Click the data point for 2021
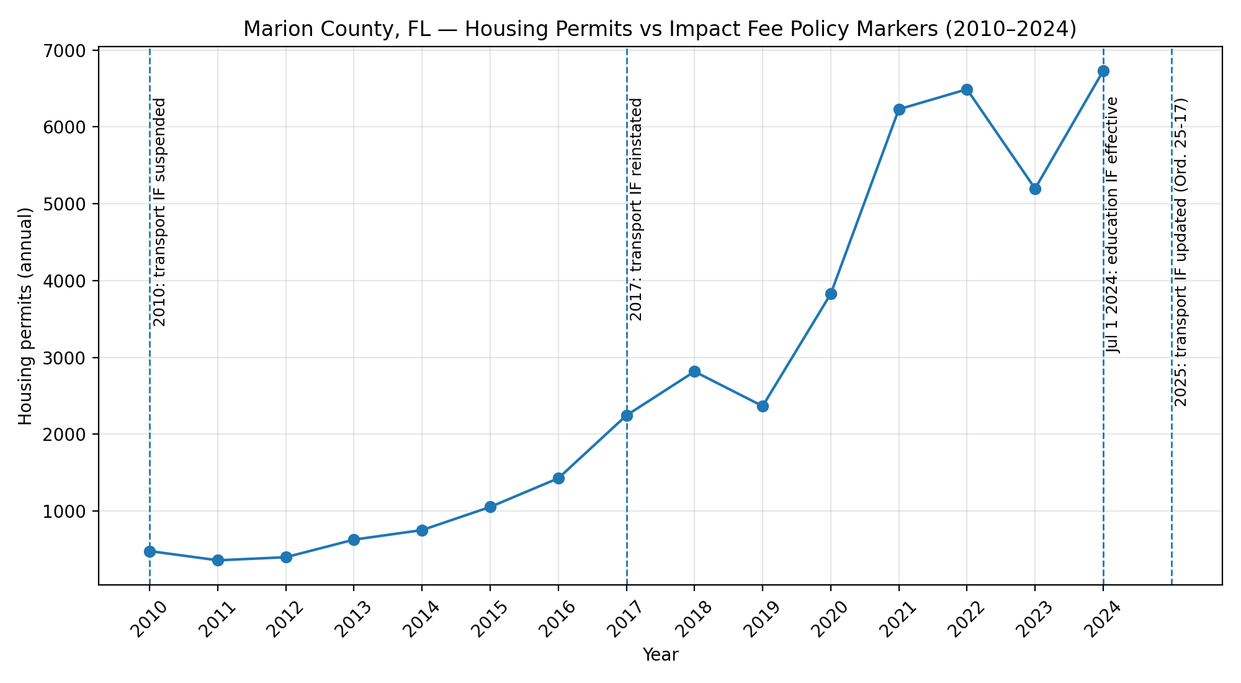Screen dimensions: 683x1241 [899, 110]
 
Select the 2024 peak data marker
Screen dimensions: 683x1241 [1103, 71]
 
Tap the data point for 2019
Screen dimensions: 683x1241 [763, 406]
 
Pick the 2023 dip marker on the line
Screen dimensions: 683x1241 [1035, 189]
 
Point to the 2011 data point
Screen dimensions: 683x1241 [218, 560]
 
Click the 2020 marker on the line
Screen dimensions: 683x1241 [831, 294]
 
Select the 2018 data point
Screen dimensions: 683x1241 [694, 371]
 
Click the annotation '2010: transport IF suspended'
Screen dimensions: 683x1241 [159, 212]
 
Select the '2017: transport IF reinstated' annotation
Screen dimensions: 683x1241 [636, 209]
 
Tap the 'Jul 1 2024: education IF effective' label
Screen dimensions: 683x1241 [1113, 225]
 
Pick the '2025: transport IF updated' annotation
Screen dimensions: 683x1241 [1181, 252]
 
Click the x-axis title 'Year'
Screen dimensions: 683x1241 [660, 654]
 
